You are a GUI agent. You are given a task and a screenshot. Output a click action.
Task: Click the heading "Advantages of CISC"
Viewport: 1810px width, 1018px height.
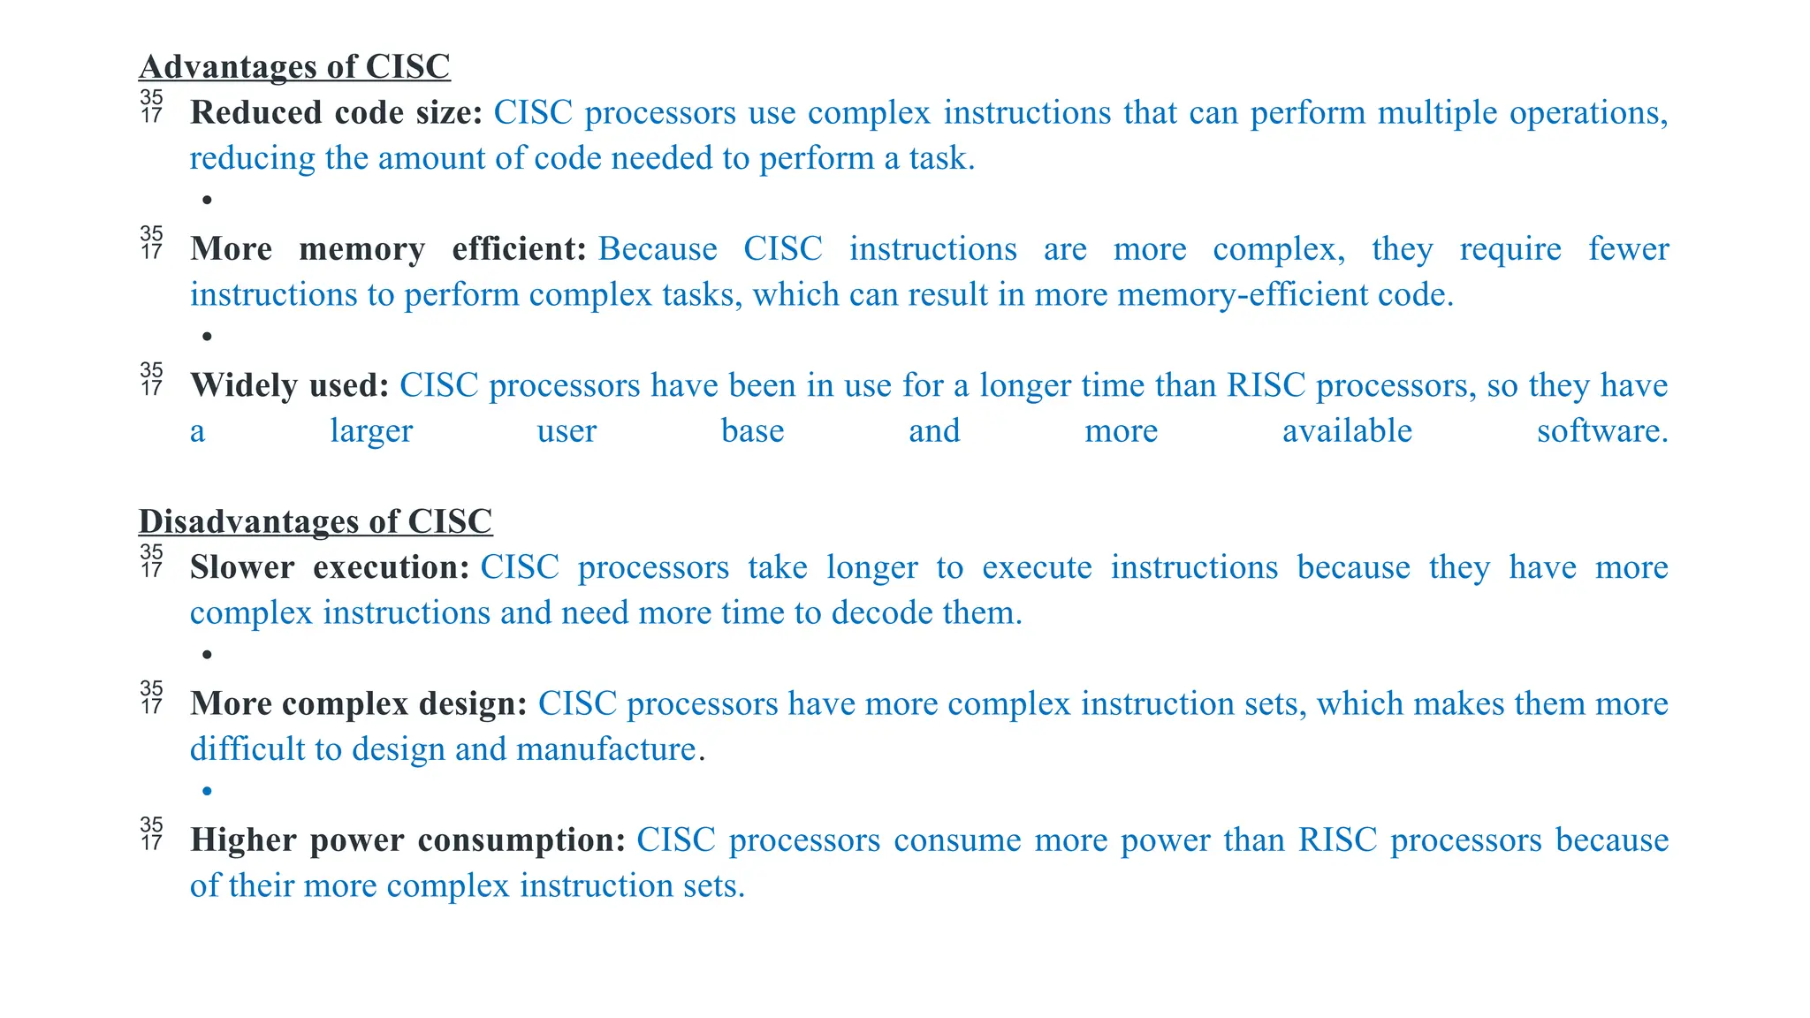(x=294, y=67)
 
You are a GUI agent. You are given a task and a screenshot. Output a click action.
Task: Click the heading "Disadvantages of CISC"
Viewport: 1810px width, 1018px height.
(x=316, y=521)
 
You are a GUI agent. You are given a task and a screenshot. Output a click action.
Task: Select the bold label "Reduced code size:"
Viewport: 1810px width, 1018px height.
(x=336, y=113)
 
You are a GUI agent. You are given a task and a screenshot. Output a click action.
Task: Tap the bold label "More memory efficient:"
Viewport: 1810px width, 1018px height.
(x=388, y=249)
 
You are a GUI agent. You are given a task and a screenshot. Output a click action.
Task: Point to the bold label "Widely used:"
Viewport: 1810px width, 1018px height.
(x=290, y=385)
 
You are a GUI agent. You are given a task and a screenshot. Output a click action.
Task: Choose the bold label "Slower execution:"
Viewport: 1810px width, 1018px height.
(x=329, y=567)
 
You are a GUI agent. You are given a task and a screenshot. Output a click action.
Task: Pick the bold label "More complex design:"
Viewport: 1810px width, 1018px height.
(x=358, y=703)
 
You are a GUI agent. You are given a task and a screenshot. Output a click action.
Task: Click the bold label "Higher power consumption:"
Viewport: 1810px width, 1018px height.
(x=407, y=839)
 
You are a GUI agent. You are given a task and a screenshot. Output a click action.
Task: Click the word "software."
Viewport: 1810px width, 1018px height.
(x=1602, y=431)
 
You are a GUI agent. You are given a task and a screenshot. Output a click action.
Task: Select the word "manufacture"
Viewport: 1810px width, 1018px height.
(x=606, y=749)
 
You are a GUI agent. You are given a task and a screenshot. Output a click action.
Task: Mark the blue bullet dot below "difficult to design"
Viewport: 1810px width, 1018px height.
(x=207, y=791)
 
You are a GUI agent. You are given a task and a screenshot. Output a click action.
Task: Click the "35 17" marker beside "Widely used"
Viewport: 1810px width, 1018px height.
(x=152, y=379)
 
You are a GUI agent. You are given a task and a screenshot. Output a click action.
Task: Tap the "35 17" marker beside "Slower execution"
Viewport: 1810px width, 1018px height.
(x=152, y=561)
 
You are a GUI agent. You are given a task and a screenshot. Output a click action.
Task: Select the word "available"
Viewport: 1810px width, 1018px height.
(x=1347, y=431)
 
